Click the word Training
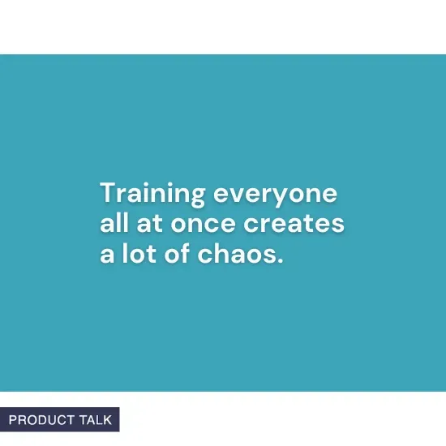tap(152, 195)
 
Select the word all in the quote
tap(112, 224)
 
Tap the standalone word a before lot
tap(106, 253)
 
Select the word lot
tap(135, 253)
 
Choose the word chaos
tap(235, 253)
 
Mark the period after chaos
tap(280, 260)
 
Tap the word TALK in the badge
tap(96, 420)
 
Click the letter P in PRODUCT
tap(13, 420)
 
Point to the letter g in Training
tap(195, 199)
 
